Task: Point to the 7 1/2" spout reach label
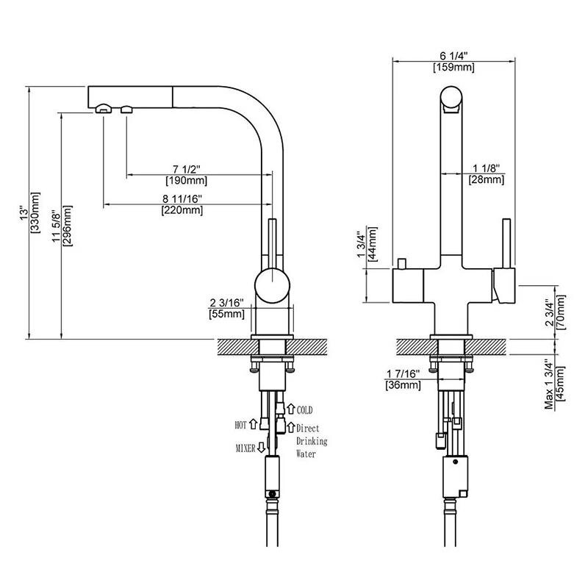pos(186,168)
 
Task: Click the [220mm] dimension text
pos(182,210)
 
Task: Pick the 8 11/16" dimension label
pos(182,198)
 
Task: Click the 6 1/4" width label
pos(454,56)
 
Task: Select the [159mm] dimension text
pos(454,68)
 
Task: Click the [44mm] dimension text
pos(373,244)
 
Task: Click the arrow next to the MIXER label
pos(262,446)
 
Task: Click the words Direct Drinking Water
pos(311,441)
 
